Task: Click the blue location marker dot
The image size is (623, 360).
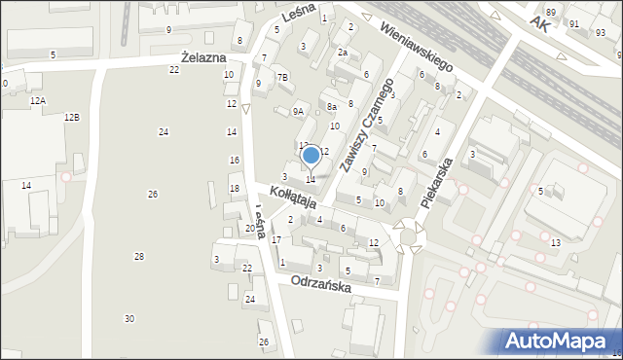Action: pos(311,155)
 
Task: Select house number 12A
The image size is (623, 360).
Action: pos(37,100)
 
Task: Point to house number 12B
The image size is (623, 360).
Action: pos(72,117)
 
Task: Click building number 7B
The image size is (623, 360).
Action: pos(282,77)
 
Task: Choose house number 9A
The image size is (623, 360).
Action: pos(299,112)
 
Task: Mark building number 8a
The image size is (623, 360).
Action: pos(332,107)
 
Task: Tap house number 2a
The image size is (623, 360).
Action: pos(342,53)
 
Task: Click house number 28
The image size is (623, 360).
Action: pos(139,256)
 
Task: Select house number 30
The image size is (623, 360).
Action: pos(129,319)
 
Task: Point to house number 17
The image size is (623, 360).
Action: pos(276,239)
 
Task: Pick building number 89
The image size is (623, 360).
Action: pos(551,12)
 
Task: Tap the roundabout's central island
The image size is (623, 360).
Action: pos(408,236)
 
